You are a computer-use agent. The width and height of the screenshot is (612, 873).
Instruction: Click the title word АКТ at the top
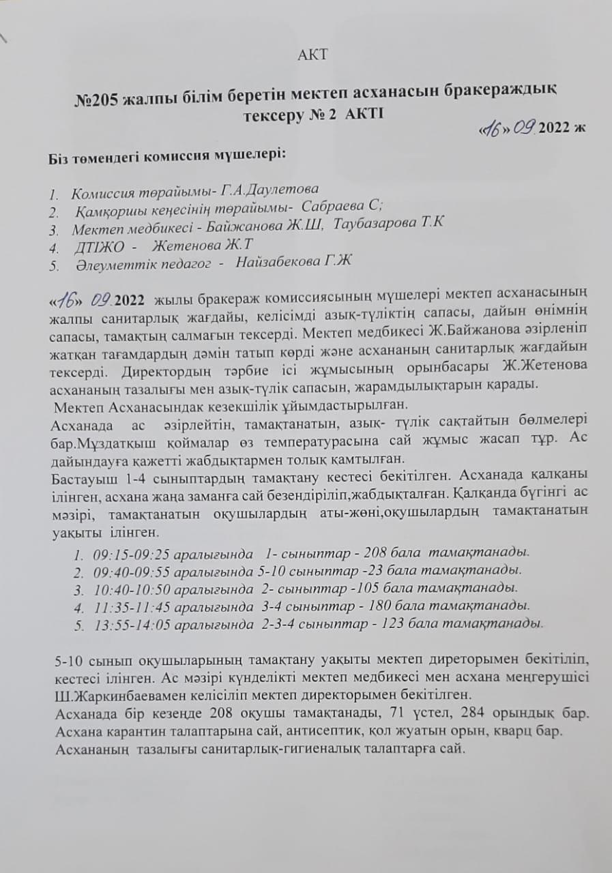[x=312, y=55]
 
